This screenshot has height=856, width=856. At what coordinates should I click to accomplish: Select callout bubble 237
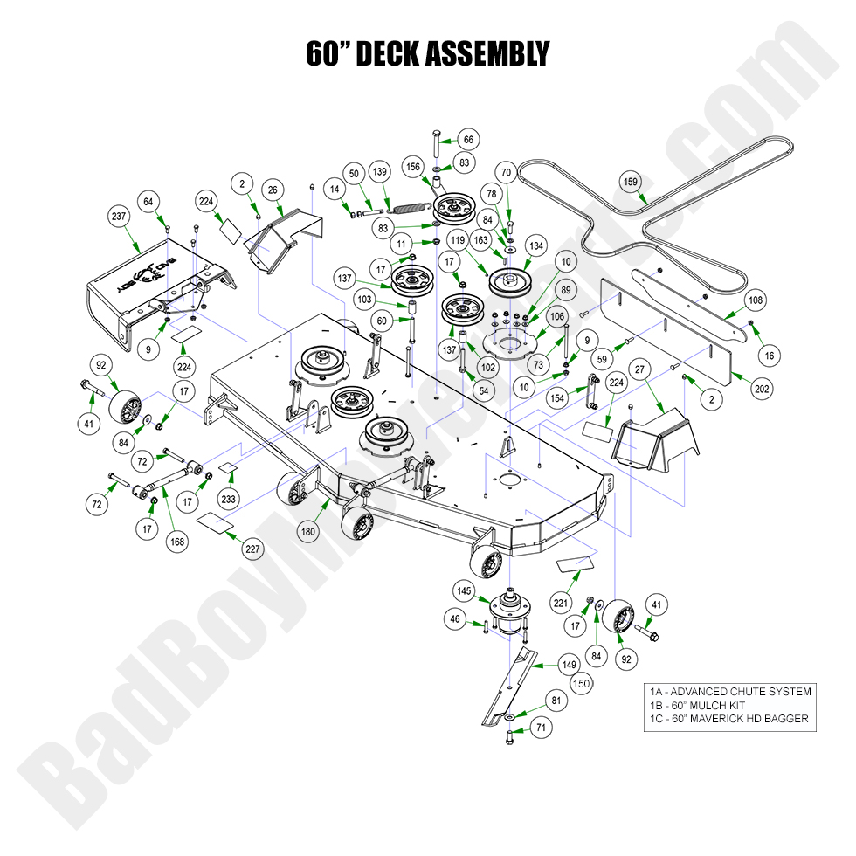[x=120, y=216]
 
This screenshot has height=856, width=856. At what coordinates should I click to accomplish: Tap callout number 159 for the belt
[x=631, y=183]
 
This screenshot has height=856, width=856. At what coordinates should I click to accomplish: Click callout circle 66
[x=468, y=140]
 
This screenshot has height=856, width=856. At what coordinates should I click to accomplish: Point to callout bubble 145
[x=464, y=591]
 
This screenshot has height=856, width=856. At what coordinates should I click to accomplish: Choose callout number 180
[x=307, y=529]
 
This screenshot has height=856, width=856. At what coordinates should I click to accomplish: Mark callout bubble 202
[x=762, y=389]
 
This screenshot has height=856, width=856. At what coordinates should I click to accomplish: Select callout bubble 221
[x=561, y=602]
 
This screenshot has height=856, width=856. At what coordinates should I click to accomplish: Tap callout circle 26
[x=272, y=190]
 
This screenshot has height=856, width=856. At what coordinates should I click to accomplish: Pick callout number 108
[x=755, y=300]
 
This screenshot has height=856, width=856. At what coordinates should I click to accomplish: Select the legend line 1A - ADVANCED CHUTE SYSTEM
[x=729, y=691]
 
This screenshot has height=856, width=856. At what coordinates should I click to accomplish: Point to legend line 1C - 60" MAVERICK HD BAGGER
[x=728, y=719]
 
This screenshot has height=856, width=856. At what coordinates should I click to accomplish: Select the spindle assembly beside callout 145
[x=505, y=607]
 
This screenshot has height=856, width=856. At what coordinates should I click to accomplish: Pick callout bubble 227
[x=252, y=549]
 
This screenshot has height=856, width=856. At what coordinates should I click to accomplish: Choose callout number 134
[x=535, y=247]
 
